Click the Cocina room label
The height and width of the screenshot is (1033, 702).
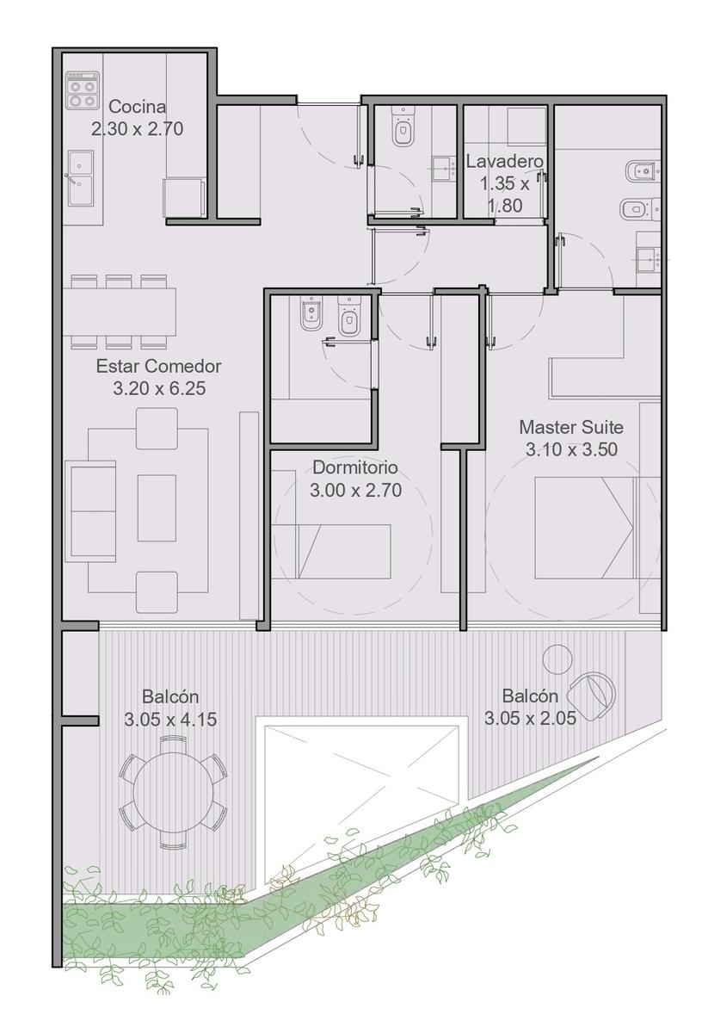tap(138, 107)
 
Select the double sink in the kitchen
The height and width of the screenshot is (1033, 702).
tap(81, 178)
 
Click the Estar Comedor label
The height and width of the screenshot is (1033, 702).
tap(158, 367)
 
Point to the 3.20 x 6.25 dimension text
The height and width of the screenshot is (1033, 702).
tap(159, 388)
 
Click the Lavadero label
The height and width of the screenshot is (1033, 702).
tap(505, 162)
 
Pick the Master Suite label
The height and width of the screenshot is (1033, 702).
tap(571, 427)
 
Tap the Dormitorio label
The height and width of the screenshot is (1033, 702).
tap(355, 467)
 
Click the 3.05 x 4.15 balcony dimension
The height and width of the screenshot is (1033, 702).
tap(170, 720)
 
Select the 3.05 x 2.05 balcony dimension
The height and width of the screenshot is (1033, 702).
tap(530, 718)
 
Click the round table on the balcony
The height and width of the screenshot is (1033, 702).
tap(173, 793)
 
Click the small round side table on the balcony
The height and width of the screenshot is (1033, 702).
tap(558, 659)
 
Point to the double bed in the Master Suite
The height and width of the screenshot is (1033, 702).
tap(597, 528)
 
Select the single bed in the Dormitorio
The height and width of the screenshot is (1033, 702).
tap(331, 551)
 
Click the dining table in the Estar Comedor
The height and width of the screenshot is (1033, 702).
tap(120, 312)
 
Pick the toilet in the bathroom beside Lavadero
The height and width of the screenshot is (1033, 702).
tap(403, 127)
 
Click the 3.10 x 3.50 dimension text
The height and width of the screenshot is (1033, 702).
tap(571, 449)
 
